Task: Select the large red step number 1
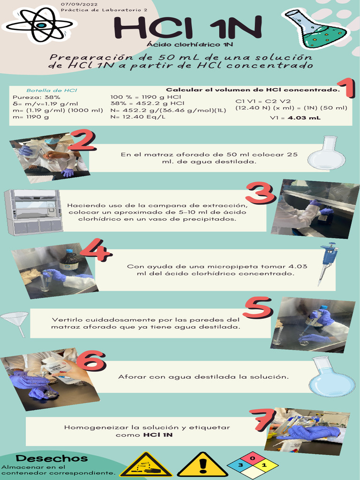(x=345, y=89)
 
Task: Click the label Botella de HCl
(x=52, y=90)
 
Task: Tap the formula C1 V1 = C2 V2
(x=262, y=101)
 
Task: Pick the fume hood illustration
(x=33, y=212)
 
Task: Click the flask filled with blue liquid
(x=331, y=377)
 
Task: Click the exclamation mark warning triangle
(x=202, y=465)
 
